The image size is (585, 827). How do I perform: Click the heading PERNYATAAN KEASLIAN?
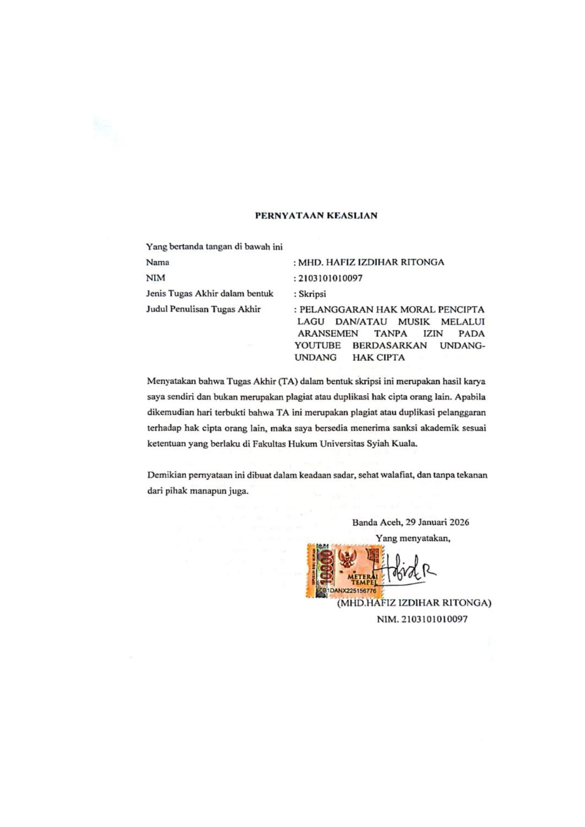[x=316, y=216]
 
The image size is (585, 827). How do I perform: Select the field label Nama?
[x=157, y=262]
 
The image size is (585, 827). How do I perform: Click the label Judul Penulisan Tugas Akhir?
[x=203, y=310]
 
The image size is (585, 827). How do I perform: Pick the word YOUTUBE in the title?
[x=317, y=345]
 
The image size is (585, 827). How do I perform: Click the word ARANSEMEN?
[x=328, y=334]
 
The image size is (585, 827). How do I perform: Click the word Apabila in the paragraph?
[x=470, y=397]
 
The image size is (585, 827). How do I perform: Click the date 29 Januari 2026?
[x=437, y=522]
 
